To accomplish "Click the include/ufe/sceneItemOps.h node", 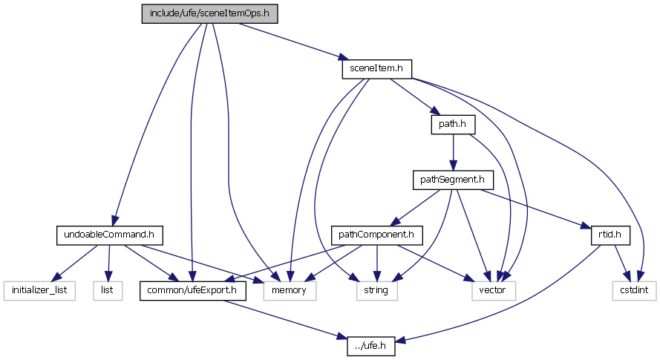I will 210,13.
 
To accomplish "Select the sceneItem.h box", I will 376,69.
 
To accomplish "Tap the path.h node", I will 452,124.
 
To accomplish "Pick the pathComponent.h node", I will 376,235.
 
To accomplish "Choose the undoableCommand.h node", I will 109,235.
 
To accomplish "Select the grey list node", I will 107,290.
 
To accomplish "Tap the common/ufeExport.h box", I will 193,290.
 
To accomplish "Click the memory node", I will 290,290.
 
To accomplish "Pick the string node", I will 376,290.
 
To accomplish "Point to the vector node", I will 491,290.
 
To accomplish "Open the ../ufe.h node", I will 371,345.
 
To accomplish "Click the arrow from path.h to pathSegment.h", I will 453,152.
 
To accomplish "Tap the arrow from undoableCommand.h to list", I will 108,263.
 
